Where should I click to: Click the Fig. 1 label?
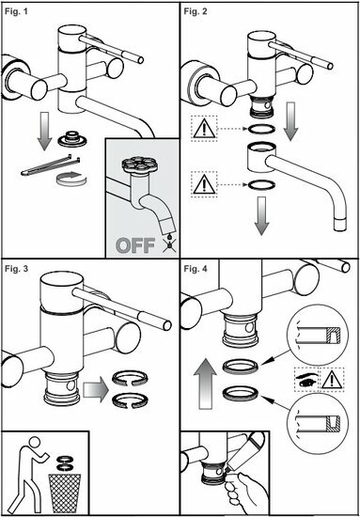tap(16, 13)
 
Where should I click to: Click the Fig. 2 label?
tap(196, 12)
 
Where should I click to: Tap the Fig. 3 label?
tap(17, 269)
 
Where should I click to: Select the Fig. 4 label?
tap(196, 269)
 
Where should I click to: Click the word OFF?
tap(135, 244)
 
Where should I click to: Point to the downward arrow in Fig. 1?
tap(44, 132)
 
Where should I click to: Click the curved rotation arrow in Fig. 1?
tap(71, 178)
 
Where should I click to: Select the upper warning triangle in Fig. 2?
tap(204, 129)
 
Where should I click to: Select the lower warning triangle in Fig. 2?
tap(204, 184)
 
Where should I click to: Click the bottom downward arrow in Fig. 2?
tap(261, 216)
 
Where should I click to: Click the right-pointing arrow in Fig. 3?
tap(96, 391)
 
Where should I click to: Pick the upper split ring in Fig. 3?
tap(130, 379)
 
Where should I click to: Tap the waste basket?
tap(64, 493)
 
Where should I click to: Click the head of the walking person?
tap(35, 442)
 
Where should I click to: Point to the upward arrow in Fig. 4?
tap(205, 385)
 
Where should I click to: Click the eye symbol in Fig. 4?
tap(306, 379)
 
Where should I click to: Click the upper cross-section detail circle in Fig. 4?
tap(316, 335)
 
